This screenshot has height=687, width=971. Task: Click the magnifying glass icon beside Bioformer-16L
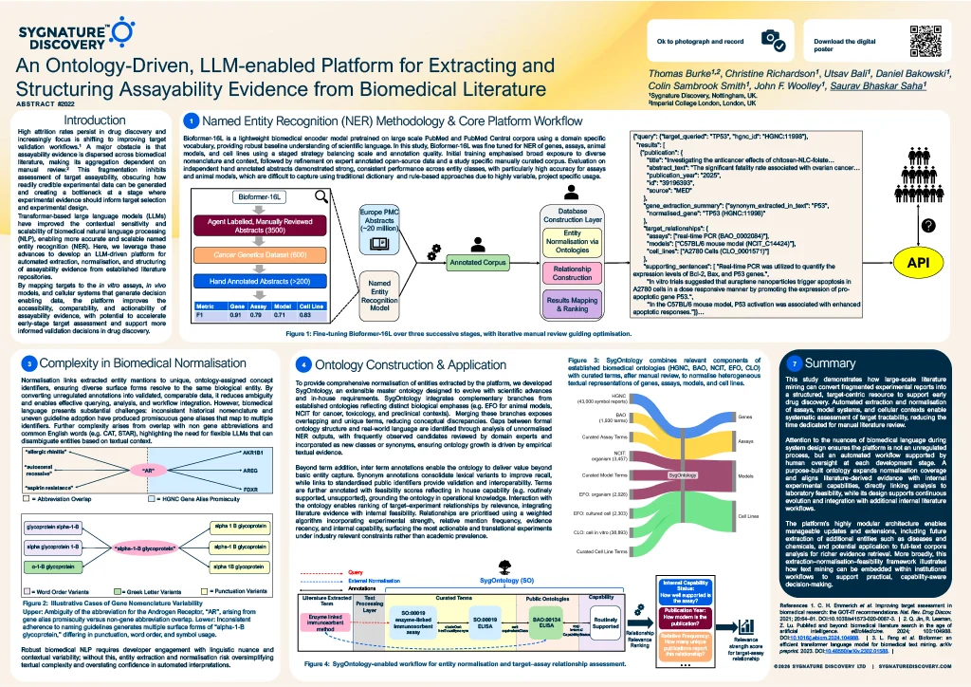tap(321, 197)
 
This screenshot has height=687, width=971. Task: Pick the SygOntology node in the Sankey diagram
tap(684, 474)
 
